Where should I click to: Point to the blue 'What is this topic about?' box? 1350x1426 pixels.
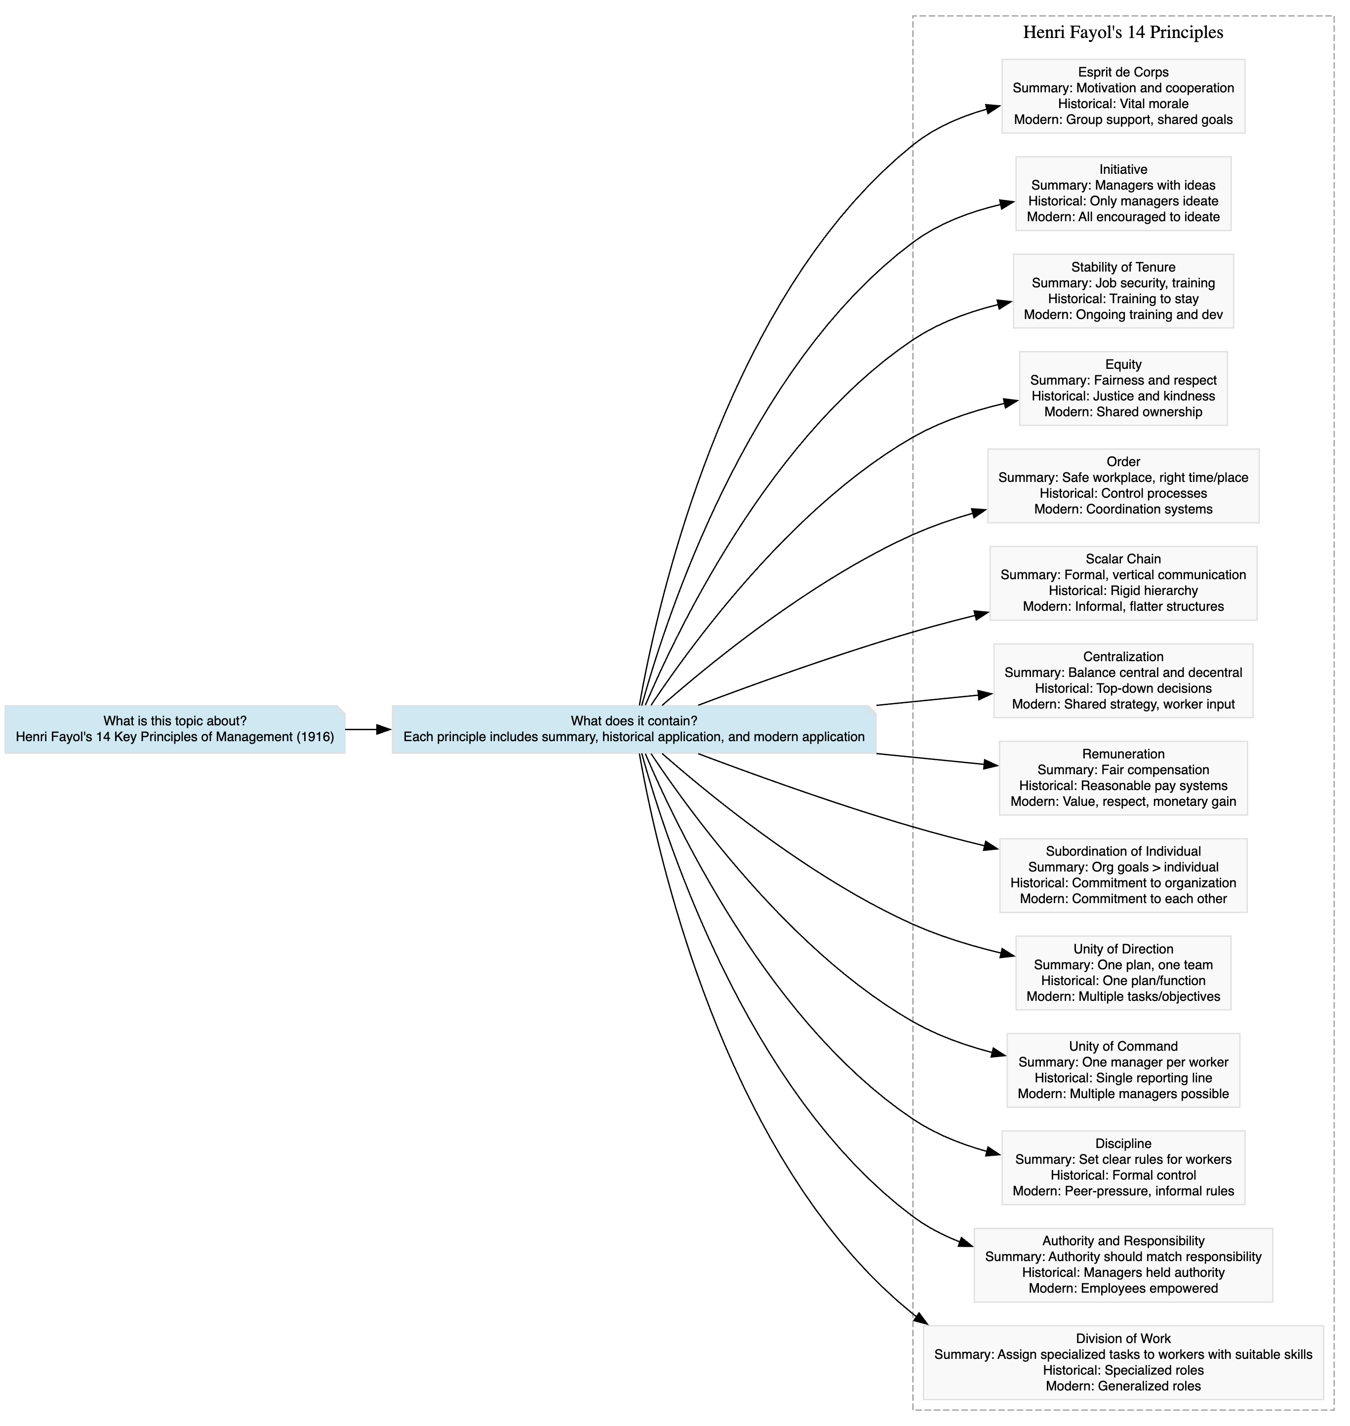coord(175,730)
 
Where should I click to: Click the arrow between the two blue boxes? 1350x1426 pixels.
coord(368,730)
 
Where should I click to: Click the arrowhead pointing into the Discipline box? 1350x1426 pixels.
coord(993,1153)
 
